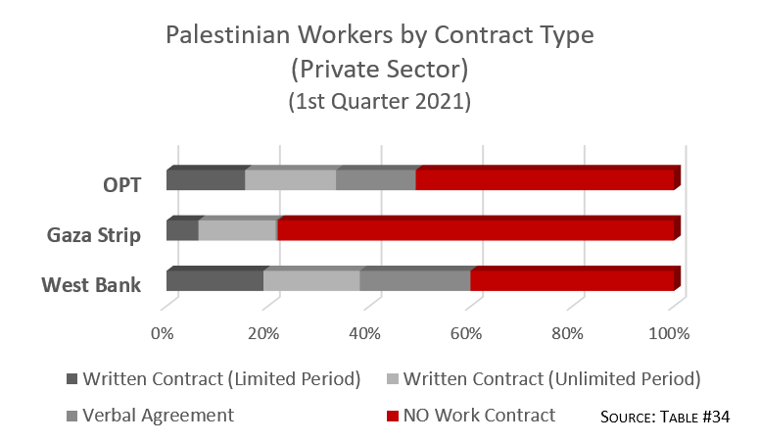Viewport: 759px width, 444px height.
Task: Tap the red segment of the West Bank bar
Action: coord(572,280)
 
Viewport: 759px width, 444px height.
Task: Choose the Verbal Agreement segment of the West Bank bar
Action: coord(414,280)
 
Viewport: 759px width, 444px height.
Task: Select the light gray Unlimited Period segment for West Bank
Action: coord(311,280)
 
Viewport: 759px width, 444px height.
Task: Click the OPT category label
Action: coord(121,184)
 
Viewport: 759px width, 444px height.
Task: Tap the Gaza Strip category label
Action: coord(95,235)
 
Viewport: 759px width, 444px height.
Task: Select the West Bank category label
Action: coord(91,285)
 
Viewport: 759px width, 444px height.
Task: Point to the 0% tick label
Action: coord(162,333)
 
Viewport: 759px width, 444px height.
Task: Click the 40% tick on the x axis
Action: coord(365,333)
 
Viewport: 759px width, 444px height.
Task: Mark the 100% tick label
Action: coord(670,333)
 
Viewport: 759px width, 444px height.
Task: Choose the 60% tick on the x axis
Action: coord(466,333)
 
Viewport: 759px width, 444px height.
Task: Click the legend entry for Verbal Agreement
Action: coord(158,415)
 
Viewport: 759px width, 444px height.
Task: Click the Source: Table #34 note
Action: coord(665,417)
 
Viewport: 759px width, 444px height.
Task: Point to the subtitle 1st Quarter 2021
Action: coord(379,100)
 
